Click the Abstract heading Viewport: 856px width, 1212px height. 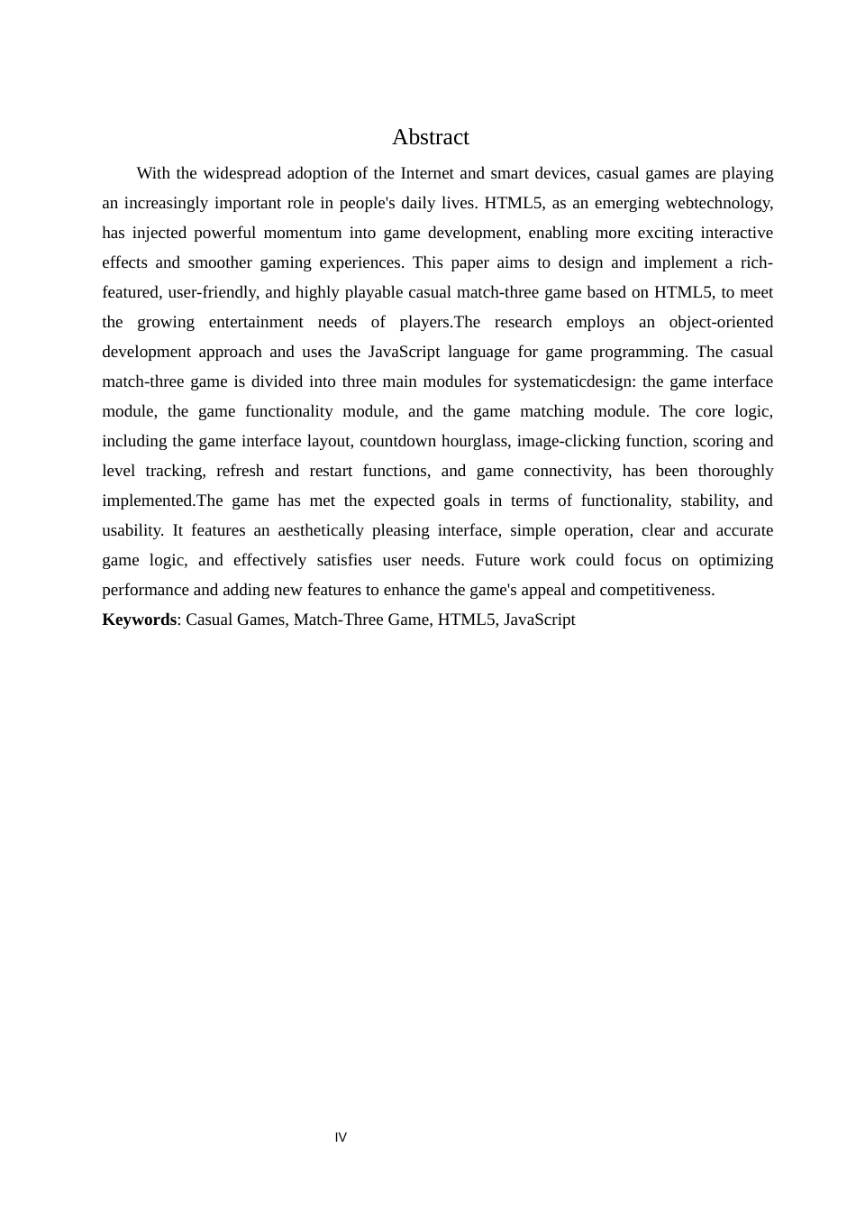point(430,137)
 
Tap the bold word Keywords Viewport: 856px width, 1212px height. point(139,620)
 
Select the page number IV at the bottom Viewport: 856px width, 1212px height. point(341,1137)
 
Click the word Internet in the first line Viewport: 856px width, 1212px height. point(427,173)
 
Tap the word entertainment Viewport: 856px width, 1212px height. point(256,322)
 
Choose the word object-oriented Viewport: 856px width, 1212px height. point(721,322)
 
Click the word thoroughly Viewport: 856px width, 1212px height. point(735,471)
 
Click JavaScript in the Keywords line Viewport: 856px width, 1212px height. point(539,620)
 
